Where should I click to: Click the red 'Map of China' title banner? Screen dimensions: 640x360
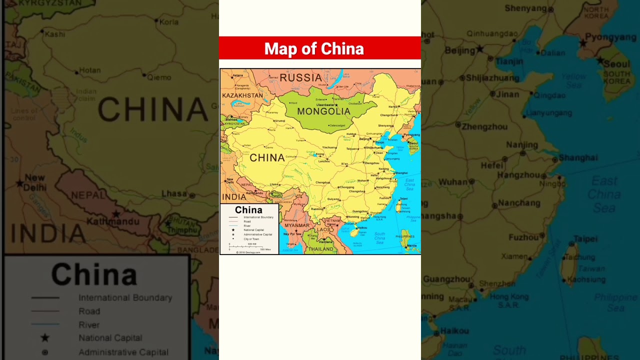pos(320,48)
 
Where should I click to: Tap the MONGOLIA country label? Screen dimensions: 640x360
pos(323,111)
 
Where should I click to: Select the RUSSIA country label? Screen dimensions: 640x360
pos(300,77)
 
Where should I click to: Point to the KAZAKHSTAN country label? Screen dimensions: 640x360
pos(242,95)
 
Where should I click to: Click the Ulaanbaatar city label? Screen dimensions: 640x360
pos(325,105)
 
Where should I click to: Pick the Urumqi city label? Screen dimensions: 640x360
pos(279,121)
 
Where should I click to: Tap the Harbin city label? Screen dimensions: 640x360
pos(393,106)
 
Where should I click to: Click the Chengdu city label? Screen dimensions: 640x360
pos(322,182)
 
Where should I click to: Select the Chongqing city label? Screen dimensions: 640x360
pos(346,187)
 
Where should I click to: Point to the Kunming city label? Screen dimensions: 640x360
pos(317,209)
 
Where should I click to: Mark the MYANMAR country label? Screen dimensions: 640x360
pos(297,225)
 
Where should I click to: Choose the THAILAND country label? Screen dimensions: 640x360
pos(320,249)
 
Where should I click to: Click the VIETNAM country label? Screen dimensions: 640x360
pos(332,220)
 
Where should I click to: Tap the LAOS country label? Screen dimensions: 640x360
pos(323,230)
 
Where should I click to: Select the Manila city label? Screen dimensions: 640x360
pos(411,246)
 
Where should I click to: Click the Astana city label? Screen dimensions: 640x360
pos(238,75)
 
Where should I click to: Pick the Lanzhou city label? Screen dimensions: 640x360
pos(324,161)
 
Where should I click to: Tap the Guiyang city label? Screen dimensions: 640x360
pos(333,199)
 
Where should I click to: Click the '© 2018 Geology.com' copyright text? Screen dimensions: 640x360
pos(248,252)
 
